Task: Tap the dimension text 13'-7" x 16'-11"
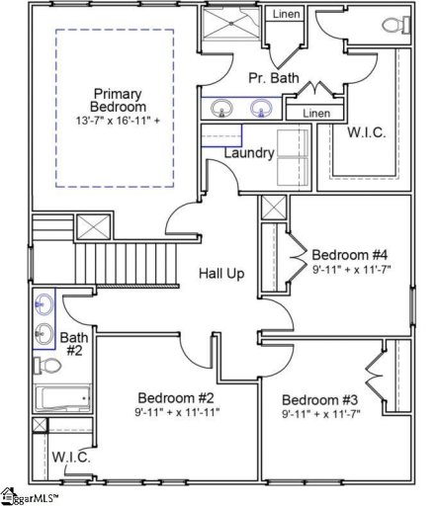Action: [119, 121]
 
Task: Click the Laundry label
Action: [248, 153]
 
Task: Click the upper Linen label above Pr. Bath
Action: [285, 15]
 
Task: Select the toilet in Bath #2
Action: [44, 366]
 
